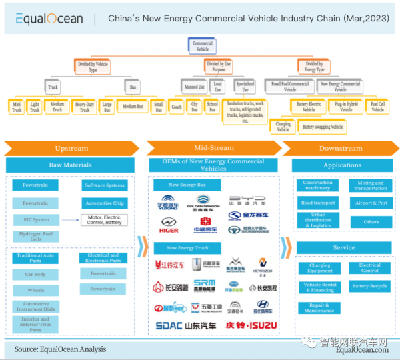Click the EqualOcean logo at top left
tap(45, 19)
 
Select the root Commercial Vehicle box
tap(202, 46)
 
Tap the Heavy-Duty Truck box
tap(85, 106)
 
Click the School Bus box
tap(212, 106)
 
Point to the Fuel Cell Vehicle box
tap(378, 106)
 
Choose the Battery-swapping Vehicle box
tap(322, 127)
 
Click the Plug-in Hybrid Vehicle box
tap(346, 106)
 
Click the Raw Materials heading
tap(70, 165)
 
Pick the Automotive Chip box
tap(105, 203)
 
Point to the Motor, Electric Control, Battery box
tap(103, 220)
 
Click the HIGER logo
tap(169, 231)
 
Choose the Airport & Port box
tap(371, 203)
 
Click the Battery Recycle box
tap(370, 286)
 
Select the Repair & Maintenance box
tap(319, 308)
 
